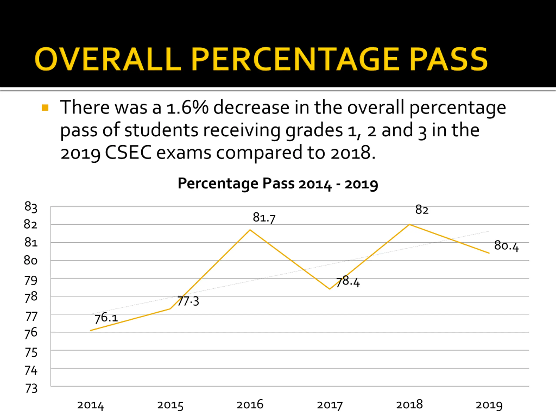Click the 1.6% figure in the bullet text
(x=187, y=108)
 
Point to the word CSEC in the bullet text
(x=128, y=152)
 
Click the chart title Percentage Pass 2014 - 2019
(x=278, y=184)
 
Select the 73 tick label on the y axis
(x=31, y=388)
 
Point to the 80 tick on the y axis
(x=31, y=260)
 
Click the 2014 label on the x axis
(x=91, y=405)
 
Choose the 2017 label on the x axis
(x=330, y=405)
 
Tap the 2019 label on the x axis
(x=489, y=405)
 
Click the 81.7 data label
(x=264, y=217)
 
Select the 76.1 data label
(x=106, y=318)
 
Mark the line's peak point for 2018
(x=409, y=224)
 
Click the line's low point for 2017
(x=330, y=289)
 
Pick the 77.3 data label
(x=188, y=301)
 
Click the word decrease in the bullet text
(x=251, y=108)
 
